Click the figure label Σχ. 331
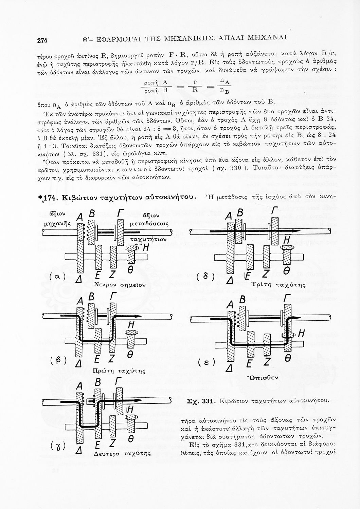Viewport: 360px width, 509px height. [200, 401]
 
